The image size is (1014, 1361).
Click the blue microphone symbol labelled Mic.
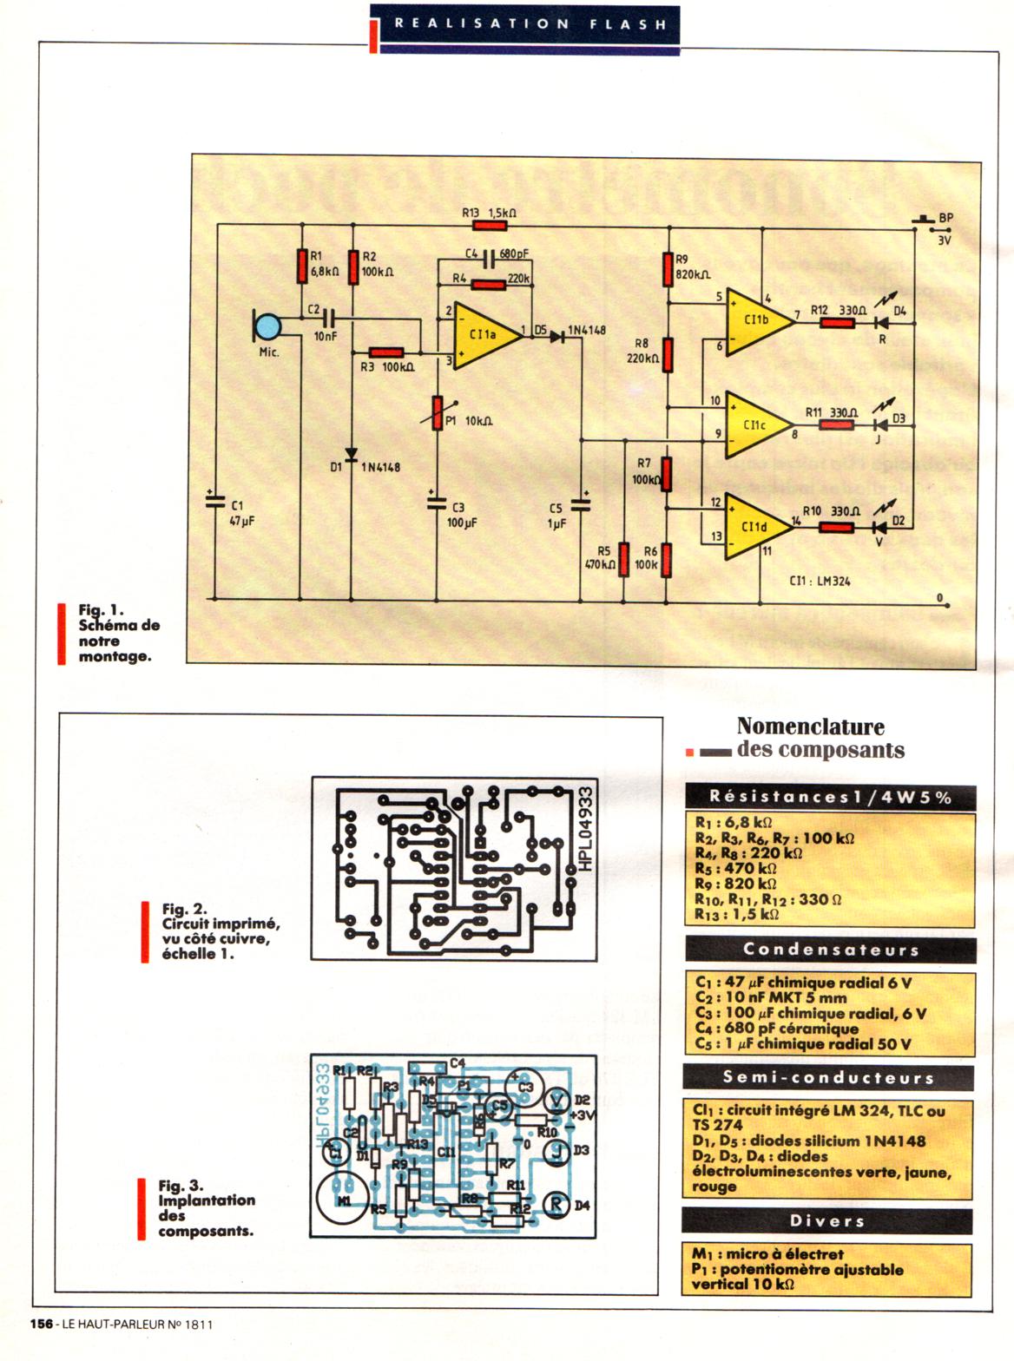pyautogui.click(x=267, y=327)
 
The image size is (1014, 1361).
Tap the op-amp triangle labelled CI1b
pyautogui.click(x=755, y=321)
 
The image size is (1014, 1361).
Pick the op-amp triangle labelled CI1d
pyautogui.click(x=754, y=526)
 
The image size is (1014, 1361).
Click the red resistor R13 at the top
pyautogui.click(x=490, y=226)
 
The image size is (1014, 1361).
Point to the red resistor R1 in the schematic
pyautogui.click(x=301, y=266)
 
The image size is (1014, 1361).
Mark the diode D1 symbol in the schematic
pyautogui.click(x=352, y=455)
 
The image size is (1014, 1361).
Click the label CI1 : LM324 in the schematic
pyautogui.click(x=820, y=581)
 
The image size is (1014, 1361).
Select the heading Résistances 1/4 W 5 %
pyautogui.click(x=829, y=797)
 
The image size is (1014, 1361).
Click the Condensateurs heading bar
pyautogui.click(x=829, y=950)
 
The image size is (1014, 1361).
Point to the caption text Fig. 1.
pyautogui.click(x=102, y=609)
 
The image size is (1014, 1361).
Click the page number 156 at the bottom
pyautogui.click(x=41, y=1324)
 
